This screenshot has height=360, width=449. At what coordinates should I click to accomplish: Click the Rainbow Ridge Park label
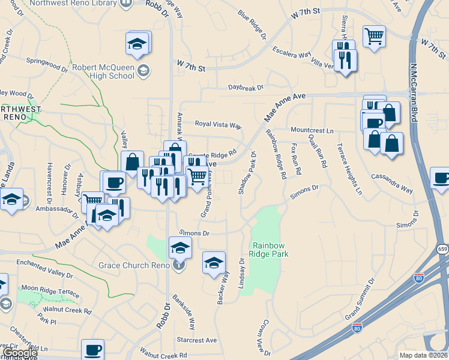pos(270,250)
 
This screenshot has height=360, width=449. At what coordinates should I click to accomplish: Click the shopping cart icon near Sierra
pos(374,37)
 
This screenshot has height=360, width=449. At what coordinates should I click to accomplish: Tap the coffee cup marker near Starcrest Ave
pos(92,349)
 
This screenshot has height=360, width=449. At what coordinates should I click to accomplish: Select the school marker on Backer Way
pos(214,263)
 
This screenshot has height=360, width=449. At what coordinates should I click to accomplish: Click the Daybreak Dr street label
pos(246,88)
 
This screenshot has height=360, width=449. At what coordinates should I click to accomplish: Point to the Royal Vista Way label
pos(218,125)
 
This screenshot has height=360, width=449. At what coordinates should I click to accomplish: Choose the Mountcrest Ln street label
pos(312,130)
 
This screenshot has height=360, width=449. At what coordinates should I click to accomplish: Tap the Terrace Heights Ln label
pos(349,169)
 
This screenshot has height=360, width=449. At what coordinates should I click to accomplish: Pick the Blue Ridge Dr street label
pos(252,24)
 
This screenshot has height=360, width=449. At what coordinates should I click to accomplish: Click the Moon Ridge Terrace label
pos(49,289)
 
